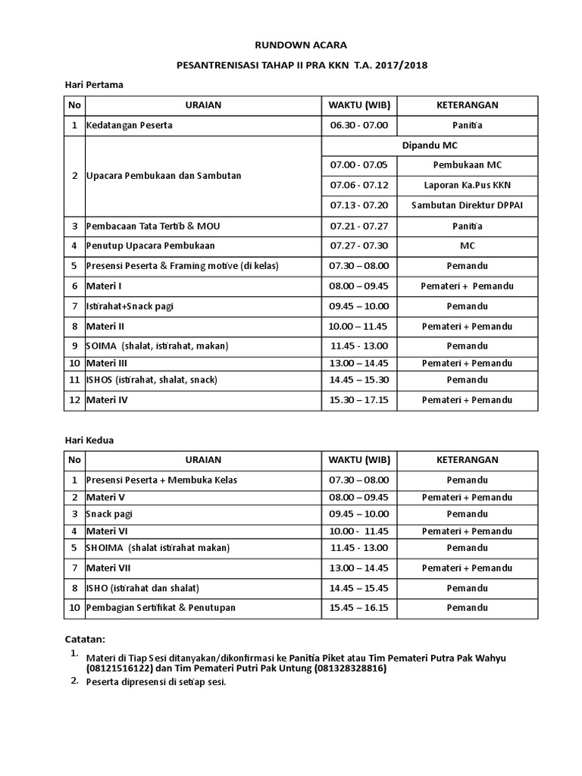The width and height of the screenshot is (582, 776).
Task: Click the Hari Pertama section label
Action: click(93, 85)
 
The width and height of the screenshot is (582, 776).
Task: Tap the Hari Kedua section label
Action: click(89, 440)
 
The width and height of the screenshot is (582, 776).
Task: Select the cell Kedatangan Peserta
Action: click(130, 125)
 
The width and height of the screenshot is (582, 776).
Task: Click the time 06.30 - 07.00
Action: click(359, 125)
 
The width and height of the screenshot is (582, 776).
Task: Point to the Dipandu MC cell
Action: click(429, 145)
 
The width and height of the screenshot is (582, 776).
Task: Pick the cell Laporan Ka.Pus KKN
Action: click(467, 184)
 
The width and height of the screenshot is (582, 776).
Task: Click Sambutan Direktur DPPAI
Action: click(467, 205)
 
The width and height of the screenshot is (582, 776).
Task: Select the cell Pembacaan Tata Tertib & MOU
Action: click(154, 226)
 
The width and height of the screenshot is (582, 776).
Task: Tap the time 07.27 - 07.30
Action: click(359, 246)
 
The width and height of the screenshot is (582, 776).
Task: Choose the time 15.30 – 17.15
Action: click(359, 399)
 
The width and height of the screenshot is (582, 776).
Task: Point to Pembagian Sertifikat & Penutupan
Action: click(161, 608)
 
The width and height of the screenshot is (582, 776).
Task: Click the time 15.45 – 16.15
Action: click(359, 608)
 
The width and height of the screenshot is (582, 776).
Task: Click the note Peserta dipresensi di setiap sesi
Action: click(156, 682)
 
